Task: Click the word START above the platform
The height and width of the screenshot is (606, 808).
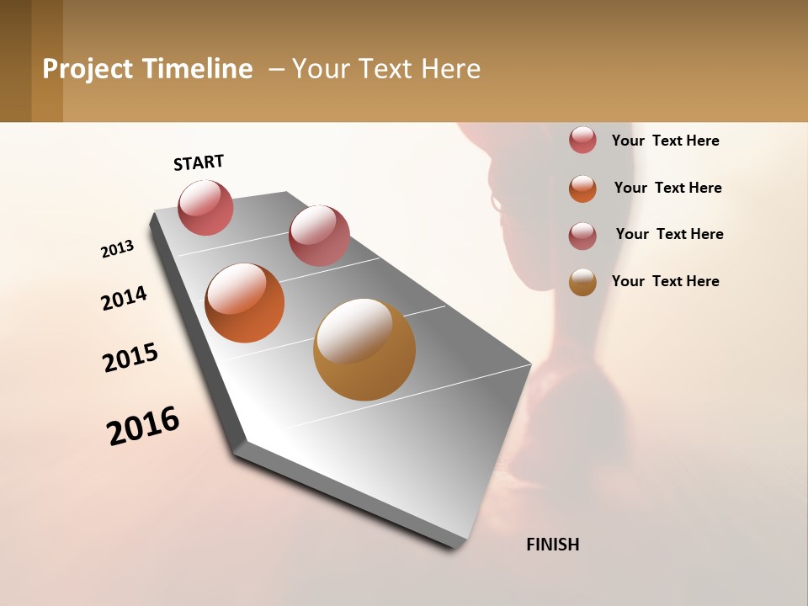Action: click(199, 162)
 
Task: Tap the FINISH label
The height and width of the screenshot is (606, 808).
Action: click(552, 545)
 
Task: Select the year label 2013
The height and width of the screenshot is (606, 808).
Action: click(118, 249)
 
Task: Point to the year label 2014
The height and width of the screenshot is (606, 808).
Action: click(125, 298)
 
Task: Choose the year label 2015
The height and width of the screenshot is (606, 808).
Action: click(130, 358)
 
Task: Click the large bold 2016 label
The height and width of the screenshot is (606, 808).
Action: click(143, 425)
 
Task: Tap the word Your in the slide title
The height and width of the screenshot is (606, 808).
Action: click(321, 69)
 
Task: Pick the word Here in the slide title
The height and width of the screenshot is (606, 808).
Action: click(450, 69)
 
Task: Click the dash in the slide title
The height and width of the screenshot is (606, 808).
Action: click(275, 69)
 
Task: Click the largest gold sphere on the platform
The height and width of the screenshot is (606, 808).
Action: click(364, 349)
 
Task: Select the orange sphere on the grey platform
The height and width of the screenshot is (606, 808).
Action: click(244, 303)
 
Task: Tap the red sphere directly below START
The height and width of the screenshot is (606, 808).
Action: click(205, 207)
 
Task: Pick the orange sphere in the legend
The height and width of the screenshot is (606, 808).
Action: click(582, 189)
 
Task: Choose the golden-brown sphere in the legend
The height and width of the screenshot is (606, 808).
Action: click(582, 282)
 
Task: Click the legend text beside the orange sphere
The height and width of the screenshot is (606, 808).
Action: click(667, 188)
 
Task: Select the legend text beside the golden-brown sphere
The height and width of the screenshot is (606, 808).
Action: click(665, 281)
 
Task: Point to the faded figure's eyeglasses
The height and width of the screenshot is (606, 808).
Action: click(496, 202)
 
